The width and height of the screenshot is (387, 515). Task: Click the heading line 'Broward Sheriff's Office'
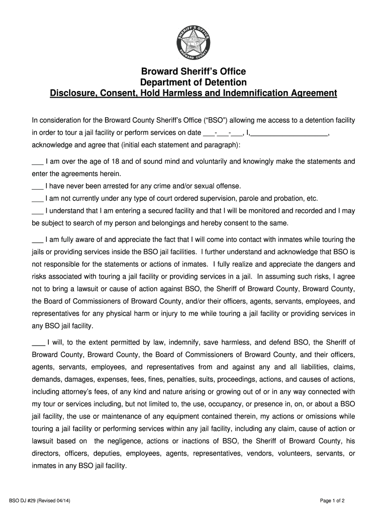193,72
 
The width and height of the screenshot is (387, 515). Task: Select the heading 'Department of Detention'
193,82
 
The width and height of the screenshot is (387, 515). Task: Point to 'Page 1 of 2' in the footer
332,500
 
